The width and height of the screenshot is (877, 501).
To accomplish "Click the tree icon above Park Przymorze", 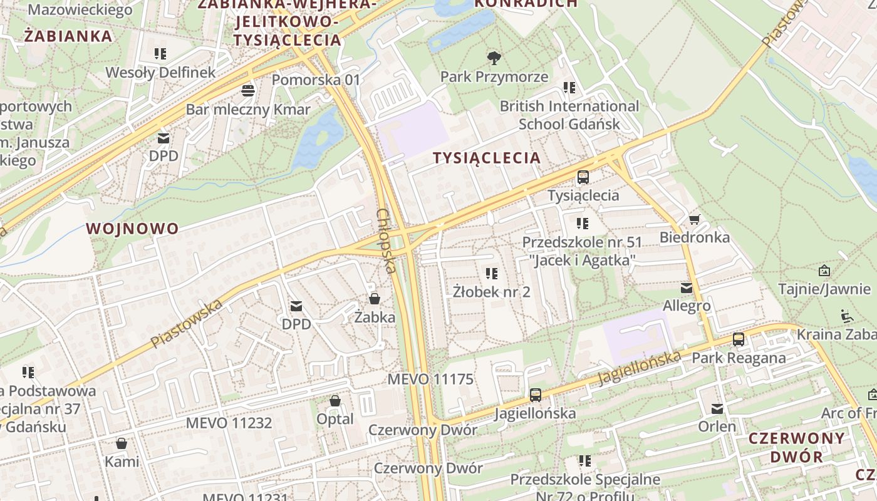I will pos(494,58).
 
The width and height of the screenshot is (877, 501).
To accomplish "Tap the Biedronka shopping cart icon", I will pos(694,220).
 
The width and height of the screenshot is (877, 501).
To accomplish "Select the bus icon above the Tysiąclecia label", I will pos(583,177).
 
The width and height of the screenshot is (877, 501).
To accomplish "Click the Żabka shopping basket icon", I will pos(375,299).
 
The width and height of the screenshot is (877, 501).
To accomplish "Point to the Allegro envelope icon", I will pos(687,288).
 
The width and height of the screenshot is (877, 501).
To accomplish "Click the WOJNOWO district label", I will pos(133,229).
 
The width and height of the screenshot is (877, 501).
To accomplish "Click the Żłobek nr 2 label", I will pos(492,292).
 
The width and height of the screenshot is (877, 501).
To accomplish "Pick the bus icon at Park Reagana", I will pos(739,339).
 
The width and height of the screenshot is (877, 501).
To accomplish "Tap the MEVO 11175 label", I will pos(430,380).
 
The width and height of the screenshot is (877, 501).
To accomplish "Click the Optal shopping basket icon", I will pos(335,401).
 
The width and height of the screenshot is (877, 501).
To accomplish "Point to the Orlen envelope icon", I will pos(717,409).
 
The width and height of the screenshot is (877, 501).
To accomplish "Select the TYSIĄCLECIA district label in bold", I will pos(487,158).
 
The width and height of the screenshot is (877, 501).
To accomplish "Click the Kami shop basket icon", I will pos(122,443).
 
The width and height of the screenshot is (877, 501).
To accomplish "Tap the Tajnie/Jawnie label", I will pos(824,289).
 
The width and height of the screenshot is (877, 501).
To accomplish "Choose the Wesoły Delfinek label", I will pos(160,73).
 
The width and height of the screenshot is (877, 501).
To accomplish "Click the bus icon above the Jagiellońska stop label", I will pos(535,395).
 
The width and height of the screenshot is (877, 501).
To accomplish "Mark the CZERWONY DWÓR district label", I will pos(796,447).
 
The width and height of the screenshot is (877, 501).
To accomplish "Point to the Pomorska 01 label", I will pos(316,80).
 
